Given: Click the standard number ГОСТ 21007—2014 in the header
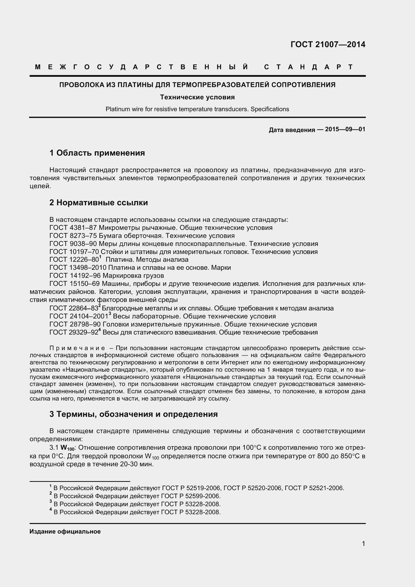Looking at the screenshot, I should point(328,44).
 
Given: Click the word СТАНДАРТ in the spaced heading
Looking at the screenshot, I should point(308,67).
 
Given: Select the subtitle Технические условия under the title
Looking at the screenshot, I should point(197,97).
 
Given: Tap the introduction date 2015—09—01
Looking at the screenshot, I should point(345,129).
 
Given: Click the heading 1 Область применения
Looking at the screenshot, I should point(97,153).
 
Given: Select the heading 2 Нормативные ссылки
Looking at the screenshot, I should point(99,203).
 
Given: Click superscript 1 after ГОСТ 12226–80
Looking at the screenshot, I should point(100,257).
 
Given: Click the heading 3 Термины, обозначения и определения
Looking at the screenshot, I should point(133,414).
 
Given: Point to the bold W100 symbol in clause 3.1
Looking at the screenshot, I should point(67,448).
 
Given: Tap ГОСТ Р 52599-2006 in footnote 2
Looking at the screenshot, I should point(190,496).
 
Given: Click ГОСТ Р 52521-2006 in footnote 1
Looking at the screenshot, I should point(314,488).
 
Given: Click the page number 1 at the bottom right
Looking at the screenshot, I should point(363,544).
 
